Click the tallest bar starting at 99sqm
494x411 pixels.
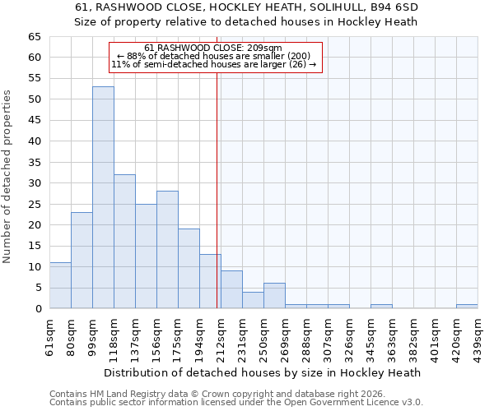(103, 197)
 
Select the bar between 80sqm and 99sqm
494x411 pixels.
(82, 260)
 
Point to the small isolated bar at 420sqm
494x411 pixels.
(467, 306)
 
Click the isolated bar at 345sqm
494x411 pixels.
(381, 306)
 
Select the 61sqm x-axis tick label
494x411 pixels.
(50, 335)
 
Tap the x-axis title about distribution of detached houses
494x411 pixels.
(262, 372)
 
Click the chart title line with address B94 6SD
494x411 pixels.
(246, 7)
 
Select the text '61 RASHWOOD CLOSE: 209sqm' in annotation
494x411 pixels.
(212, 48)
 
